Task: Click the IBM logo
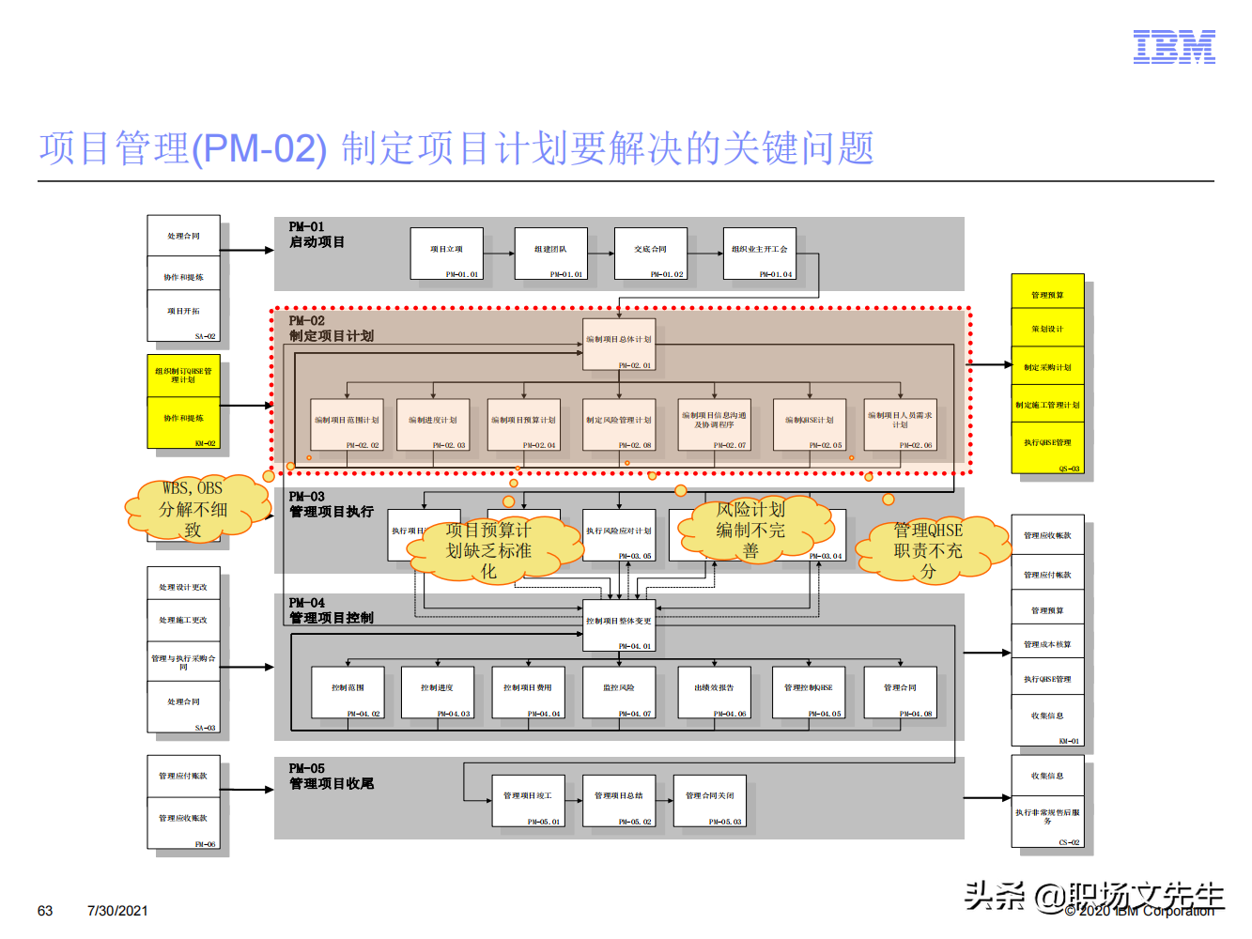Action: (1174, 46)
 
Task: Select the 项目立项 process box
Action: (446, 253)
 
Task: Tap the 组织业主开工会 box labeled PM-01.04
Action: (759, 253)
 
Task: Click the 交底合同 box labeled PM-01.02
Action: (650, 253)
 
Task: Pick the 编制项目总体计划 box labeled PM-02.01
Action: (618, 346)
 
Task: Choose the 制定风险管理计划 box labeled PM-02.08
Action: (618, 424)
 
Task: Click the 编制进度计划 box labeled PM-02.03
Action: (432, 424)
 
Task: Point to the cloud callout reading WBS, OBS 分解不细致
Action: (193, 509)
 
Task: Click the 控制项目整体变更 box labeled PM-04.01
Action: (618, 625)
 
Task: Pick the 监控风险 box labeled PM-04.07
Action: (618, 692)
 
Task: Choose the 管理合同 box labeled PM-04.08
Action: (899, 692)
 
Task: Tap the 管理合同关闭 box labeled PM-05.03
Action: (709, 800)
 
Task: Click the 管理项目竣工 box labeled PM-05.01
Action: (528, 800)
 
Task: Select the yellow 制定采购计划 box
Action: (1047, 367)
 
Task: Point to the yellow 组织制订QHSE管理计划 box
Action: (183, 376)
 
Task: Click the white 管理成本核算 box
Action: (1047, 644)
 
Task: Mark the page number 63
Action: (45, 911)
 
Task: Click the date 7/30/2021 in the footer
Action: (117, 911)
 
